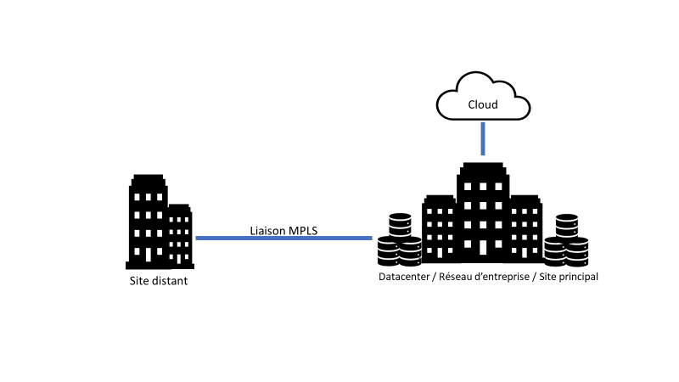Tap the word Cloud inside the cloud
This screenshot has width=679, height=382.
pos(483,106)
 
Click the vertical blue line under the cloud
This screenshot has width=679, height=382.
pos(483,138)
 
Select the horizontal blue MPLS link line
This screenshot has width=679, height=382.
pos(283,239)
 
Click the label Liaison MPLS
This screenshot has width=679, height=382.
pos(283,229)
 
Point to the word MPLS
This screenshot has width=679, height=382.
pos(302,229)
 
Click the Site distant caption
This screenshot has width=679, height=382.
pos(158,280)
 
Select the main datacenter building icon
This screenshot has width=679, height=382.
pos(482,216)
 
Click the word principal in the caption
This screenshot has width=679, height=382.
pos(577,277)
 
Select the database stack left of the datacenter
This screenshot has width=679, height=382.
pos(399,240)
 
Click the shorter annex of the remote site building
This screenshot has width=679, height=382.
pos(179,233)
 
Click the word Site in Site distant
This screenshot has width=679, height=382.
pos(137,280)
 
